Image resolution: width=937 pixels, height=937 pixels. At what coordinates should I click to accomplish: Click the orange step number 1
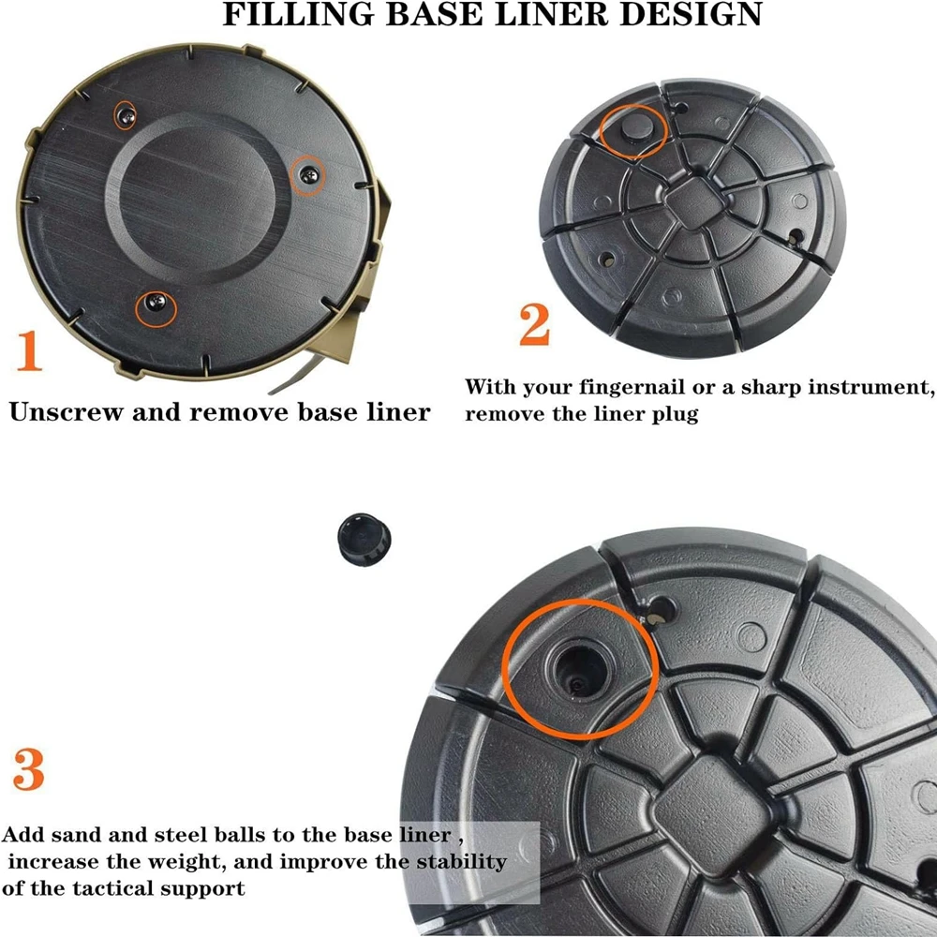pyautogui.click(x=30, y=350)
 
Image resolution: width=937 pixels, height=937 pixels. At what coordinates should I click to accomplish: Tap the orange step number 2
pyautogui.click(x=534, y=324)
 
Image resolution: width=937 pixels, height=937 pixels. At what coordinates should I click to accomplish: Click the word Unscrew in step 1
pyautogui.click(x=66, y=411)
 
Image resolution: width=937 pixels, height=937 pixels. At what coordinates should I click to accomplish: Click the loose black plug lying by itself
pyautogui.click(x=364, y=539)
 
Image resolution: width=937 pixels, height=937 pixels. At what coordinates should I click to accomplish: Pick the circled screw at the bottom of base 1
pyautogui.click(x=156, y=303)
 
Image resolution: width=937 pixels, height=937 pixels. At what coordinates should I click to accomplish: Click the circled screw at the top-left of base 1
pyautogui.click(x=126, y=116)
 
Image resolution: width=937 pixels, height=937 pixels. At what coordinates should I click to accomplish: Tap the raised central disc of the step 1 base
pyautogui.click(x=197, y=197)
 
